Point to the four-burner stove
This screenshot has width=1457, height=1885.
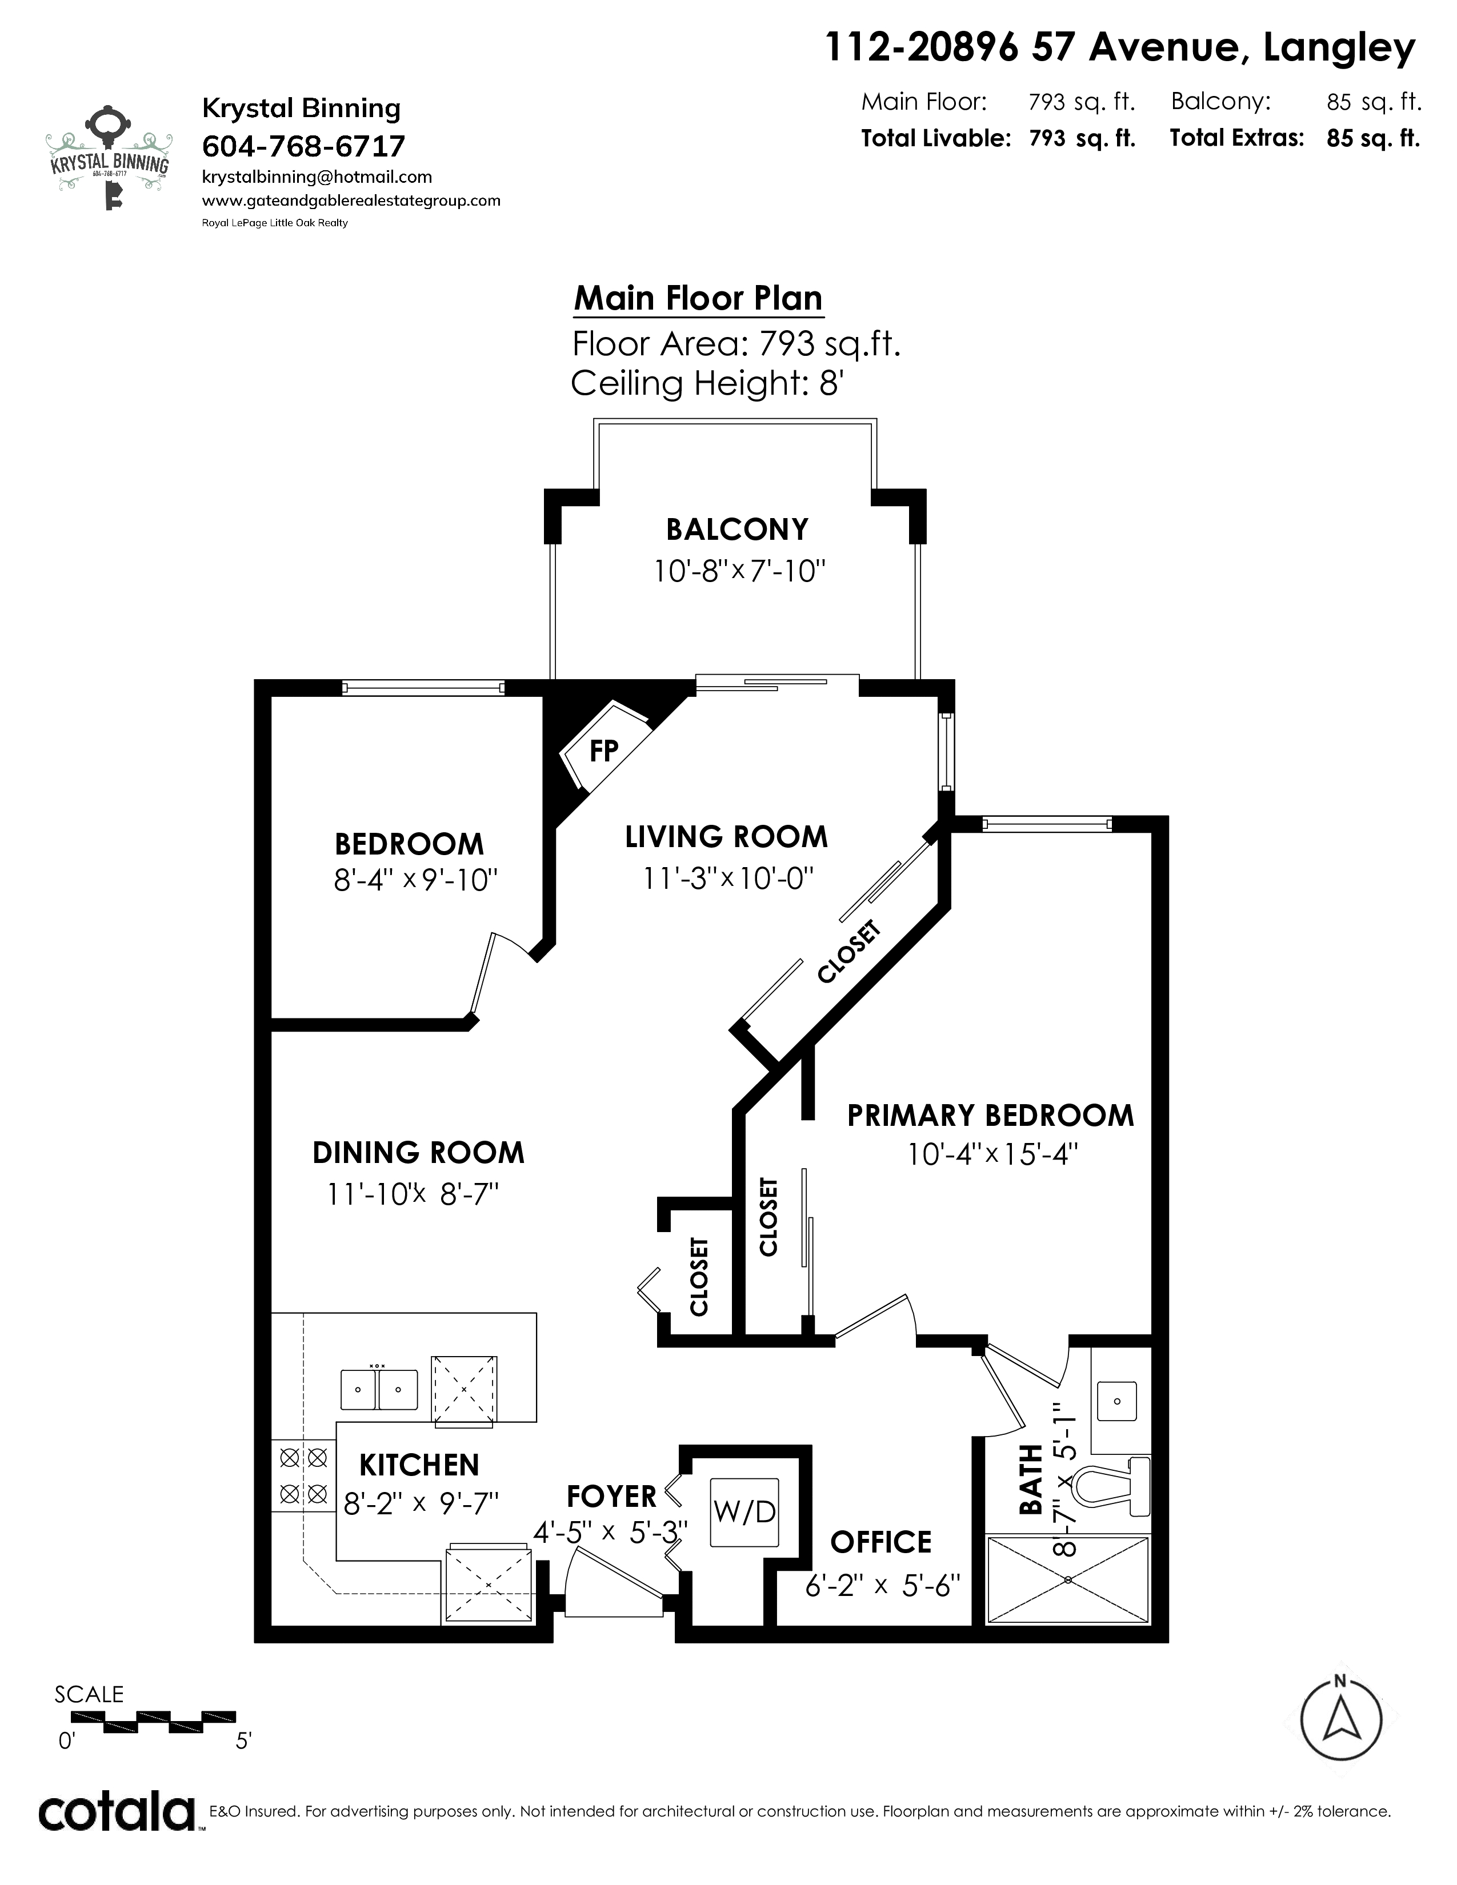coord(303,1475)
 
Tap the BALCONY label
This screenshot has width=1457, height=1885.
coord(737,529)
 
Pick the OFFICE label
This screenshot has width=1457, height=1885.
coord(881,1542)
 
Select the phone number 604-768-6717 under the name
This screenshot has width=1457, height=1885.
coord(303,146)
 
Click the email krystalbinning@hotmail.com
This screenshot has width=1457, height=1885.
coord(317,177)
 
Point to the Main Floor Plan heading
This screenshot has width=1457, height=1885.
coord(698,299)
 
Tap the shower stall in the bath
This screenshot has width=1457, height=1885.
coord(1068,1579)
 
